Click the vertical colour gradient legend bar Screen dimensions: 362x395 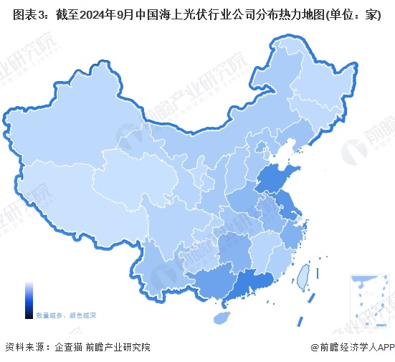click(x=28, y=299)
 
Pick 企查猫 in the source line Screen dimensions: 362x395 click(x=69, y=347)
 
